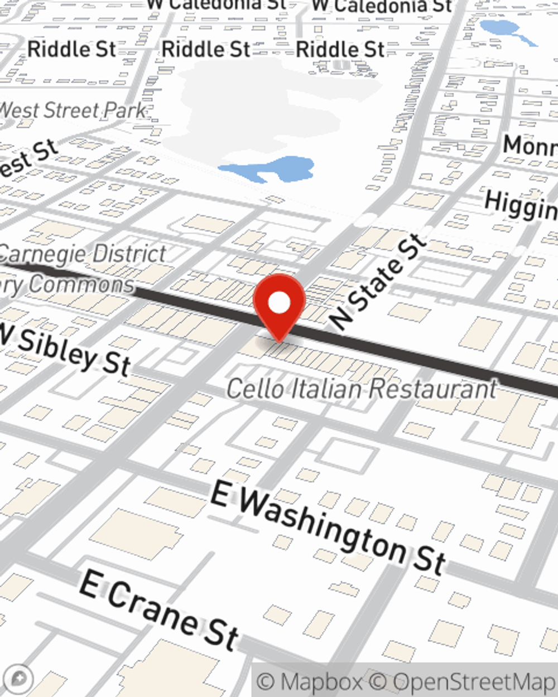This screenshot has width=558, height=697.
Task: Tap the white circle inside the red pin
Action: [x=279, y=303]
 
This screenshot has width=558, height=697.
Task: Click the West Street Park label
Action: [x=73, y=110]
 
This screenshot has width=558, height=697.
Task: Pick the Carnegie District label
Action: [x=84, y=254]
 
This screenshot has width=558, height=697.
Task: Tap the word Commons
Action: [x=81, y=284]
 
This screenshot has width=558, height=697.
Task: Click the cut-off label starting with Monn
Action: [x=530, y=147]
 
